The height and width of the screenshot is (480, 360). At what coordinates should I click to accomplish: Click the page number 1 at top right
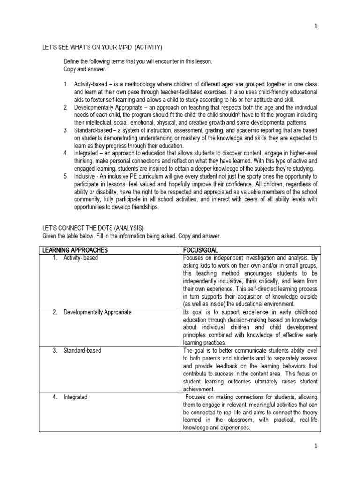316,27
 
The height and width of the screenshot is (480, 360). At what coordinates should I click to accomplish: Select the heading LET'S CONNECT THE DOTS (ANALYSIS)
93,228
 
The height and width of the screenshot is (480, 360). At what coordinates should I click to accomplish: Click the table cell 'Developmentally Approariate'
97,312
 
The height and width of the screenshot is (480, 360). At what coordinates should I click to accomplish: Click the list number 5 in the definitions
66,176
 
